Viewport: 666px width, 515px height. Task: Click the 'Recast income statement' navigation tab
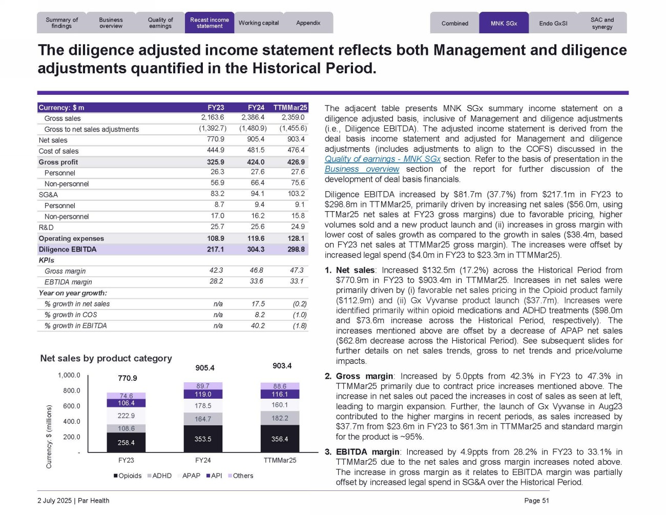coord(209,23)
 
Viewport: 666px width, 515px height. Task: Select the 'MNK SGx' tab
coord(504,23)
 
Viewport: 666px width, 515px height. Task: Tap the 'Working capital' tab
coord(259,23)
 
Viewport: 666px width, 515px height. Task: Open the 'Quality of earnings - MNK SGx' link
coord(382,159)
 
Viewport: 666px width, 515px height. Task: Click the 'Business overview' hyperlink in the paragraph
coord(362,169)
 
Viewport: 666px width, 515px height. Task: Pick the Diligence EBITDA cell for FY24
coord(256,250)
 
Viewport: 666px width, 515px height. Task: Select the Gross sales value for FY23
coord(212,118)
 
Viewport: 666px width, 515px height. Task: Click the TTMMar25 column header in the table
coord(290,108)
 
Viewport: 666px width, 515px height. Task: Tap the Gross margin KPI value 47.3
coord(297,271)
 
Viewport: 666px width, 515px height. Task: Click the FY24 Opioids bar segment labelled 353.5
coord(203,439)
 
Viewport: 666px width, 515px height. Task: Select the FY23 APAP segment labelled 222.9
coord(126,416)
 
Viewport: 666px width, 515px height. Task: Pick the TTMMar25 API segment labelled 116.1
coord(280,395)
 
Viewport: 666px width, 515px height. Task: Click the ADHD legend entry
coord(159,476)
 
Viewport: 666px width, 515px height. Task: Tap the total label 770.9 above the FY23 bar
coord(127,378)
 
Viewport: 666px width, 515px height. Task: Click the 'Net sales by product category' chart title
coord(106,358)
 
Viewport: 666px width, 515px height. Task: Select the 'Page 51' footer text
coord(536,501)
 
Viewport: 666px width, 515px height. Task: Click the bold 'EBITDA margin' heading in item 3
coord(367,452)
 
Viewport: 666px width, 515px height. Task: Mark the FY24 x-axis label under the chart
coord(203,460)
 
